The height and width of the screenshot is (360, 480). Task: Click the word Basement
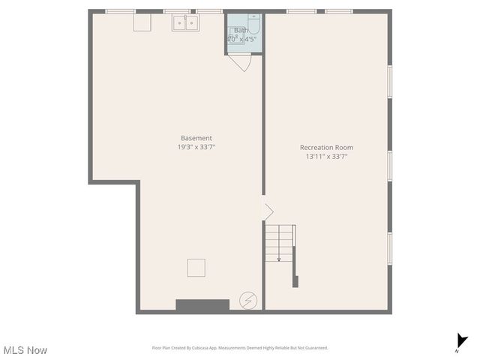click(x=196, y=138)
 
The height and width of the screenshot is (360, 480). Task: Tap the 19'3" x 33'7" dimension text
click(x=196, y=148)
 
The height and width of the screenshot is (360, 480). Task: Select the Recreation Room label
click(x=326, y=148)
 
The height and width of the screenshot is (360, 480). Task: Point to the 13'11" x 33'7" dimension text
click(x=326, y=157)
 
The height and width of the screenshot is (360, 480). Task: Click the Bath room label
click(x=240, y=31)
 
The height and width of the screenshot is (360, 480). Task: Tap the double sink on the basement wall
click(x=185, y=23)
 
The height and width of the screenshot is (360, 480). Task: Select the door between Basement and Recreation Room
click(x=266, y=211)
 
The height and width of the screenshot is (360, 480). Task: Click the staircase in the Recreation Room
click(x=279, y=242)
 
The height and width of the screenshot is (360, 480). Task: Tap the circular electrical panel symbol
click(x=247, y=300)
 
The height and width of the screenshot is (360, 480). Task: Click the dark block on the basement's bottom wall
click(x=202, y=305)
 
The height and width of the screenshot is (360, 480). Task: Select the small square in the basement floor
click(x=196, y=268)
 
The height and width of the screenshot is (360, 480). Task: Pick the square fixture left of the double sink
click(x=142, y=22)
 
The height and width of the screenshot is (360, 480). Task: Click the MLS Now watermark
click(x=25, y=350)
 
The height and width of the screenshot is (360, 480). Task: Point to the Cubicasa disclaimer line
click(x=240, y=348)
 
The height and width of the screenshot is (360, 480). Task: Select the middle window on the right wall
click(x=390, y=166)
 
